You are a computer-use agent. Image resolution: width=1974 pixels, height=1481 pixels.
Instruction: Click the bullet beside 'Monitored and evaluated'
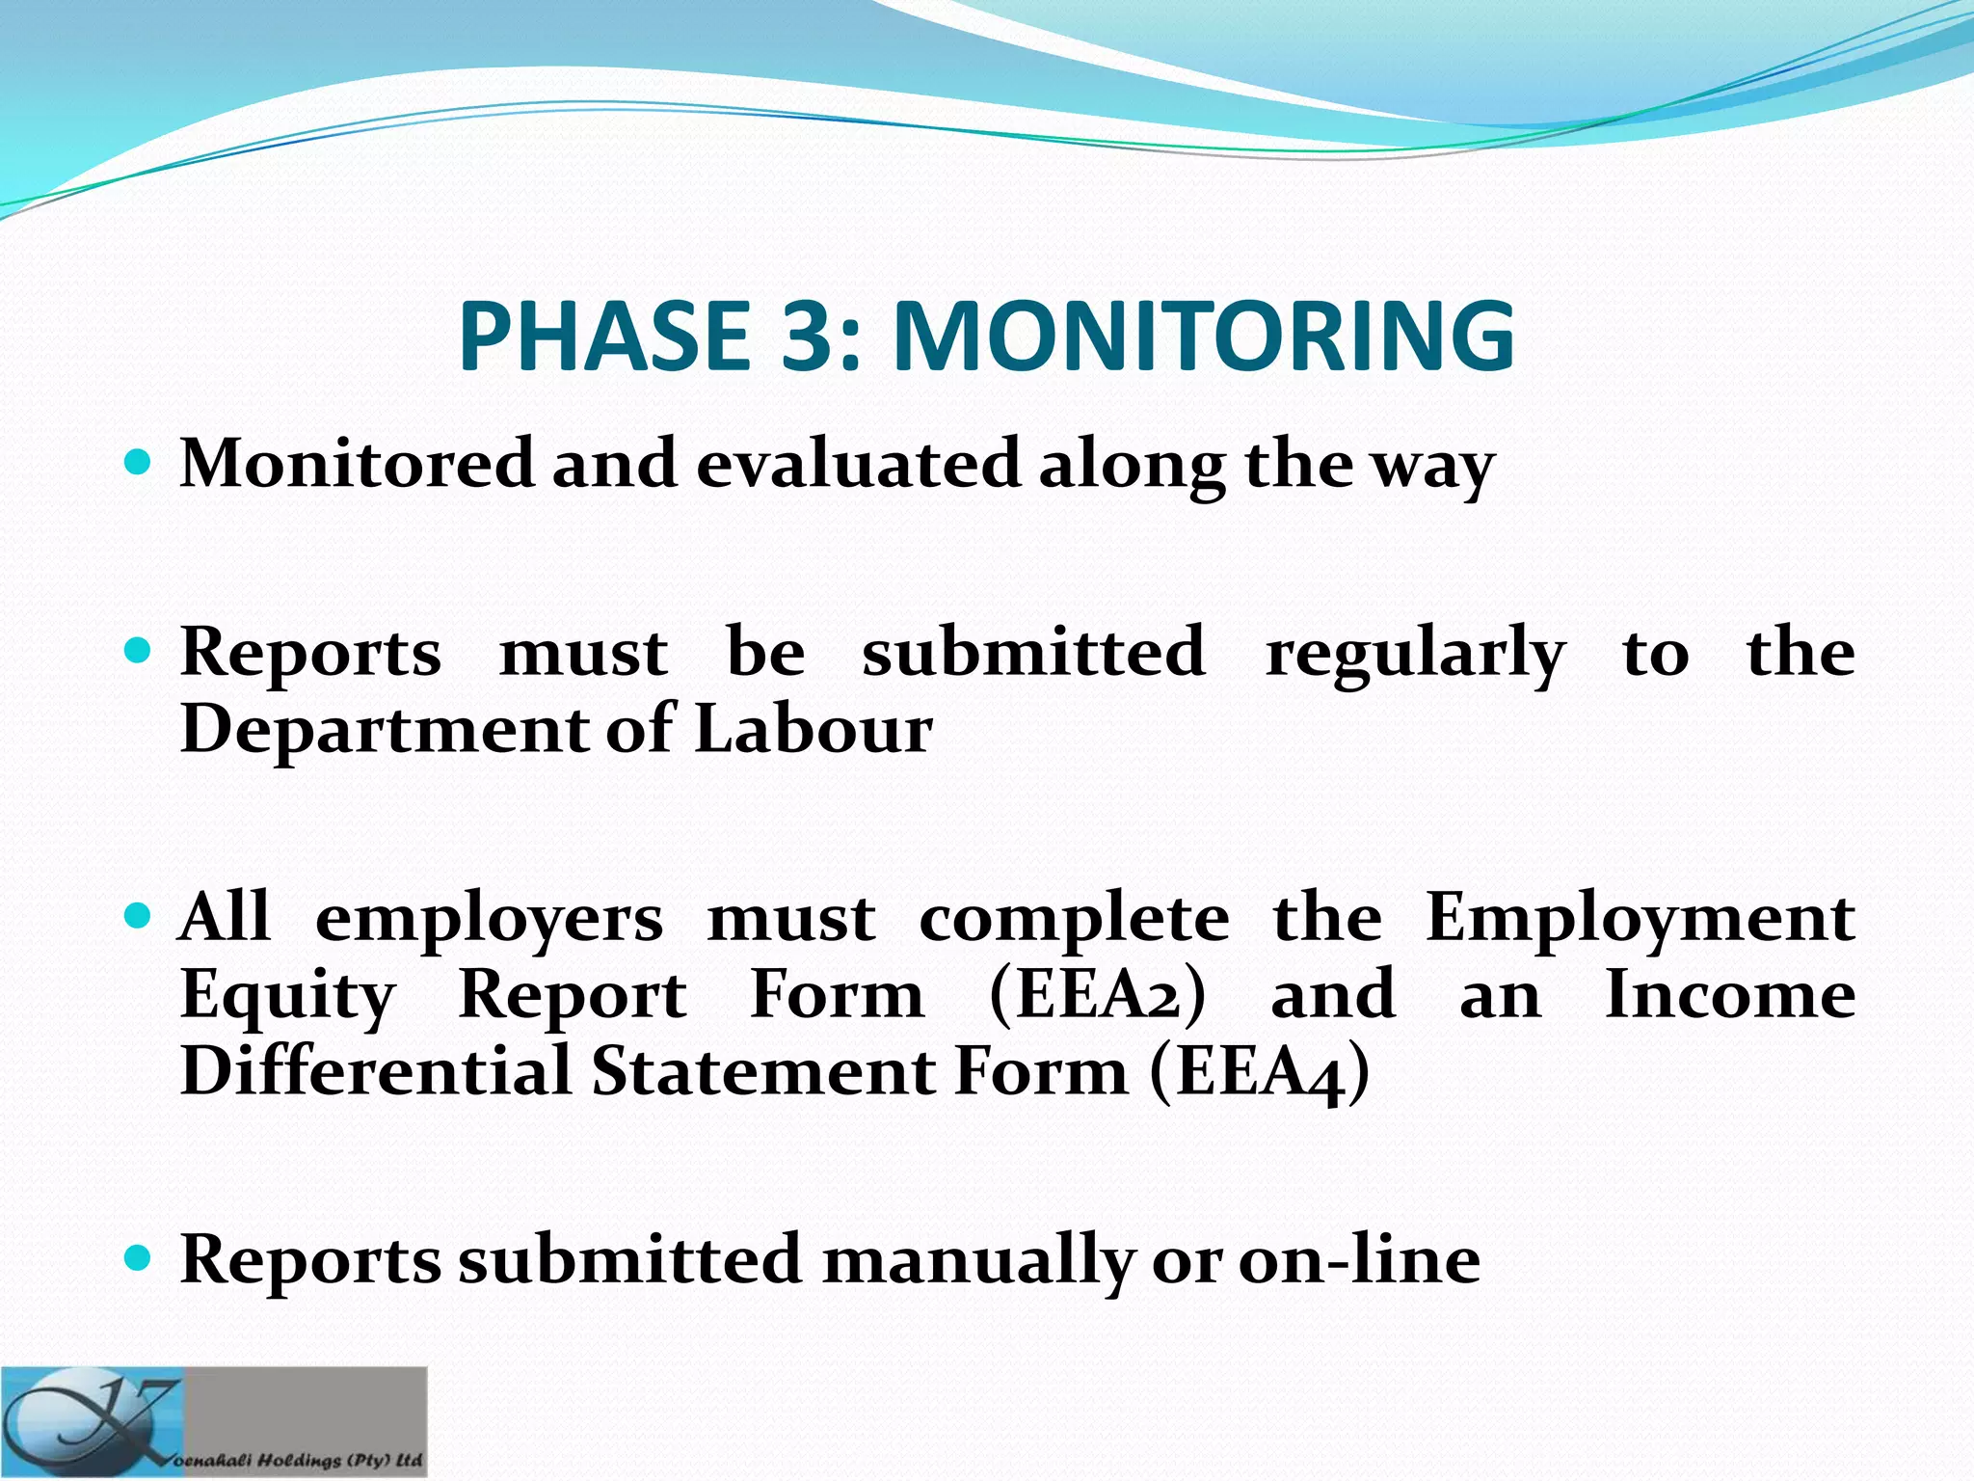139,464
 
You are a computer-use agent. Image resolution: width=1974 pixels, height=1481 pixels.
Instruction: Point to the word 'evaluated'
857,464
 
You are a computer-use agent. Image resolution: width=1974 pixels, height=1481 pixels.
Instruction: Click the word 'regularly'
1415,654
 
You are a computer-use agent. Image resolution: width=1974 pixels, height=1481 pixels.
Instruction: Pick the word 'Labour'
813,729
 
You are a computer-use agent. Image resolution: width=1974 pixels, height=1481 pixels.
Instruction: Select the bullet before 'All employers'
139,915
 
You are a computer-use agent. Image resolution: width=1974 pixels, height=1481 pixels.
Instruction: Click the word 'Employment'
1640,919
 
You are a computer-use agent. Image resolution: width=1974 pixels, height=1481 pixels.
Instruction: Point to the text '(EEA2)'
1097,994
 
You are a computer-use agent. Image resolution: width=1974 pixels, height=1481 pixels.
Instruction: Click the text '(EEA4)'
1259,1072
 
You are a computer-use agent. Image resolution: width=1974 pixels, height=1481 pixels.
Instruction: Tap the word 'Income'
1730,994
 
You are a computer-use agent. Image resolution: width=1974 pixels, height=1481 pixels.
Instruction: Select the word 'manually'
977,1260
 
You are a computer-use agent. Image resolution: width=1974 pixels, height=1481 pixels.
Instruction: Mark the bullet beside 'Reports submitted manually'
139,1257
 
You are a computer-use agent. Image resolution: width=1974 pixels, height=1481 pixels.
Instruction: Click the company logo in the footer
213,1422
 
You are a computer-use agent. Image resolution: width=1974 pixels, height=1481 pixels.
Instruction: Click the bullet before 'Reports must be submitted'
139,652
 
